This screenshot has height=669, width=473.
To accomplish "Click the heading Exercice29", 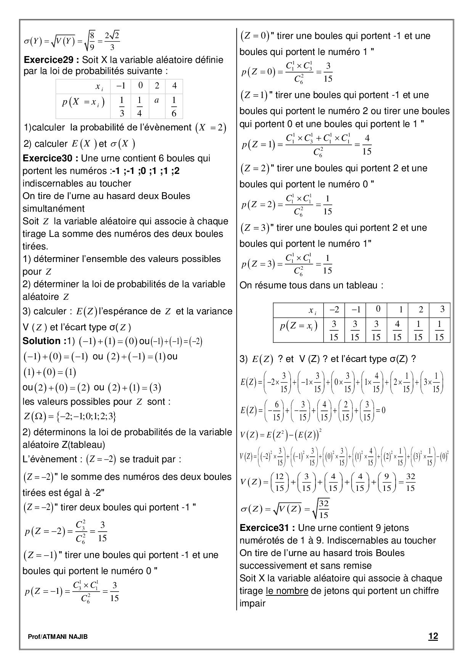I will click(51, 60).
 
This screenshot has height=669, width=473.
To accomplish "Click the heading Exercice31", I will click(267, 528).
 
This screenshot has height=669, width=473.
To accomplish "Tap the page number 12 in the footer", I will click(433, 636).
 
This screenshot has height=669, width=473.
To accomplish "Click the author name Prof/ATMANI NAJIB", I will click(58, 637).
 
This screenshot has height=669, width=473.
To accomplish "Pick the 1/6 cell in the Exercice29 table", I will click(174, 106).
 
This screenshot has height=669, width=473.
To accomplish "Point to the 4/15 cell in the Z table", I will click(397, 330).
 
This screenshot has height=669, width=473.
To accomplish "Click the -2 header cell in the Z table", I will click(334, 309).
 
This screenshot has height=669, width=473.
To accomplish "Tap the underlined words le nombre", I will click(287, 591).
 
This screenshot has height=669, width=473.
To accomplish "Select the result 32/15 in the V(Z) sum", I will click(410, 482).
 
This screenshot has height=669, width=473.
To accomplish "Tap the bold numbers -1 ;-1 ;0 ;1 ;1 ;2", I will click(146, 171).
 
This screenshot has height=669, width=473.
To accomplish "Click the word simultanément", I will click(53, 209).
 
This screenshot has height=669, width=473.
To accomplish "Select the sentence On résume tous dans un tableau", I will click(311, 285).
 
